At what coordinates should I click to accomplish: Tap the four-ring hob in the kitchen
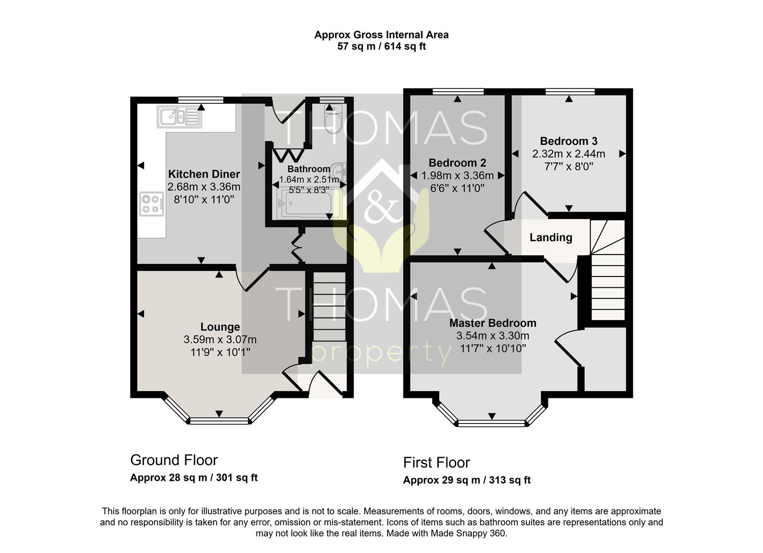[x=152, y=203]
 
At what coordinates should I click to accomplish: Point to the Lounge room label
[x=220, y=327]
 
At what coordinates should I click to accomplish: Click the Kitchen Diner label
[x=204, y=174]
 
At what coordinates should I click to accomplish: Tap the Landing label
[x=550, y=238]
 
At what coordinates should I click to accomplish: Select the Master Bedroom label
[x=493, y=323]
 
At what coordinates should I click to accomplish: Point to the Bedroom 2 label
[x=457, y=163]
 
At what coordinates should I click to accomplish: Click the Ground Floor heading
[x=174, y=460]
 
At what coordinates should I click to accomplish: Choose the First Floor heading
[x=436, y=462]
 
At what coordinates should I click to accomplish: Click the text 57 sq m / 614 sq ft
[x=381, y=47]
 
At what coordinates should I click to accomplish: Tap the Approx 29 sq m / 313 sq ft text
[x=467, y=480]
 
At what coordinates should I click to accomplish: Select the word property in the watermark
[x=381, y=353]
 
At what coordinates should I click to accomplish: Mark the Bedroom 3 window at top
[x=569, y=92]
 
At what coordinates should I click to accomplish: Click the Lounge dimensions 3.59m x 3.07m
[x=220, y=339]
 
